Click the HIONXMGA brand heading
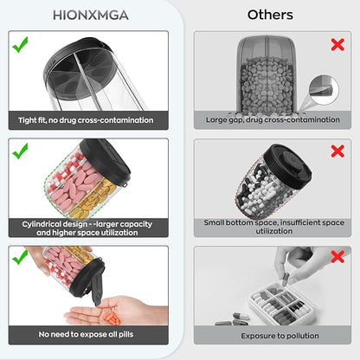pos(91,15)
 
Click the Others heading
pos(270,15)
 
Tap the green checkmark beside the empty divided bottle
pos(20,44)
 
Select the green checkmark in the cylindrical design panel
pos(20,151)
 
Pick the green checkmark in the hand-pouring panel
pos(20,257)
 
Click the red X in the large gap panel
pos(337,45)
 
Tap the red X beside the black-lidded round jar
pos(337,151)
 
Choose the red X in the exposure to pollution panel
pos(337,256)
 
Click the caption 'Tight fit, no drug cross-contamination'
pos(86,120)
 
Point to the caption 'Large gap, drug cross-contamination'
pos(273,119)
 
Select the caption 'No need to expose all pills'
pos(86,334)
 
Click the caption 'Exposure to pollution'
pos(280,336)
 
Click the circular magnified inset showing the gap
pos(324,90)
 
